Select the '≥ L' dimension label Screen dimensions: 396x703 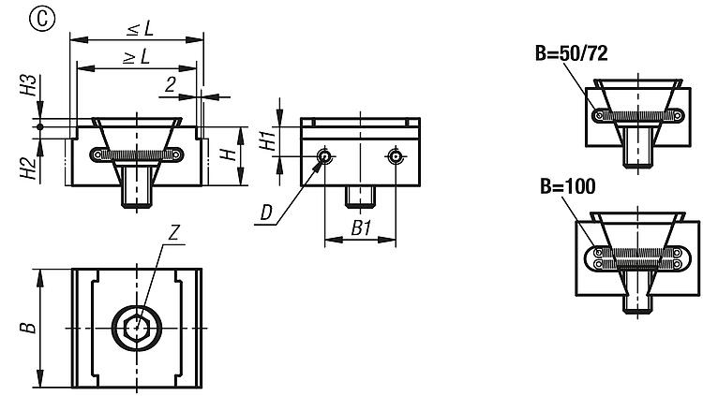tap(136, 57)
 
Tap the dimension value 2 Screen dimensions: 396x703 tap(171, 84)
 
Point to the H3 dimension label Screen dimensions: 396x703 tap(30, 89)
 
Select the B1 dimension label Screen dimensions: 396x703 tap(361, 227)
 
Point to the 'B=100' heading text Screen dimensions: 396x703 tap(566, 186)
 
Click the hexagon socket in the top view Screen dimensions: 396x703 tap(137, 328)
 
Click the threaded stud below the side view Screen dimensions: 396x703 tap(360, 197)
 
